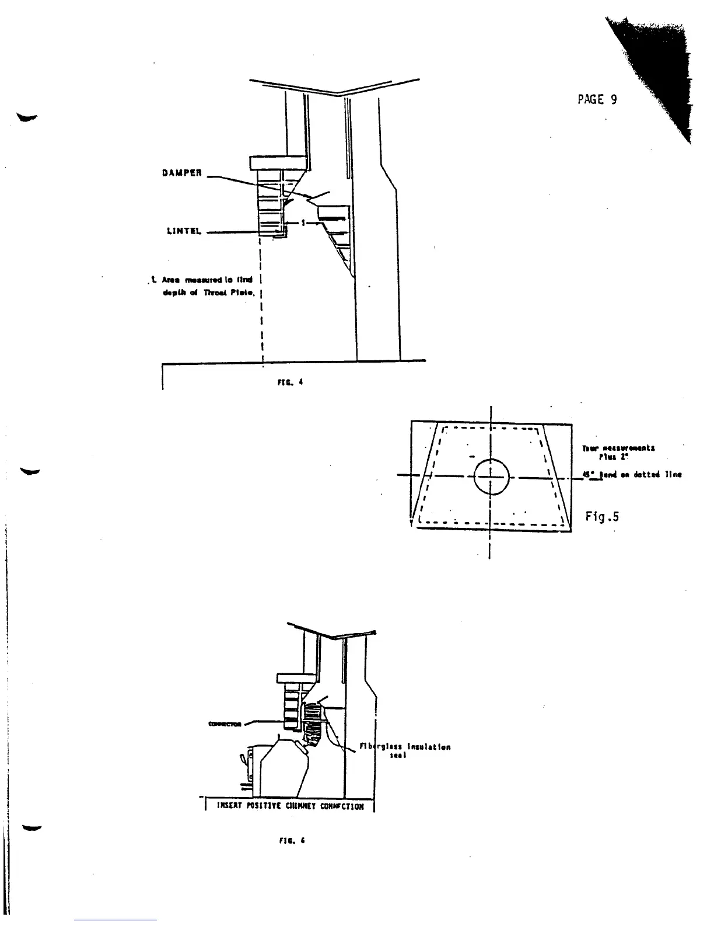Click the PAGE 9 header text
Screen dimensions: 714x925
pyautogui.click(x=597, y=99)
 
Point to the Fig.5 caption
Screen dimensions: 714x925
pyautogui.click(x=602, y=516)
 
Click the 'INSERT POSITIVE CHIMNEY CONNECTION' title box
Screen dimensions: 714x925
pyautogui.click(x=290, y=806)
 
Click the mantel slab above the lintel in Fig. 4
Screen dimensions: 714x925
pyautogui.click(x=278, y=162)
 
